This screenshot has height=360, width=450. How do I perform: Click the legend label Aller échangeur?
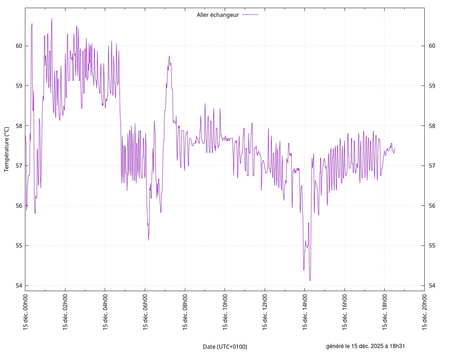218,15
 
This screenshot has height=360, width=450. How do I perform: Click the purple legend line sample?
250,15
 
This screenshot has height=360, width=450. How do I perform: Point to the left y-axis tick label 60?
19,46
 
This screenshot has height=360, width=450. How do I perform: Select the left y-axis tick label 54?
19,285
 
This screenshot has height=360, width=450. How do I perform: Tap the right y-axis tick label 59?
432,86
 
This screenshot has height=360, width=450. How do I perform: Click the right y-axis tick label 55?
432,245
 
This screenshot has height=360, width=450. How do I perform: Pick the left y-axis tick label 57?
19,166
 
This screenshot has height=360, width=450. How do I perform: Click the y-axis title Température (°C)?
7,149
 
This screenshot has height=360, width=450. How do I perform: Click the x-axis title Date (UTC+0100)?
225,347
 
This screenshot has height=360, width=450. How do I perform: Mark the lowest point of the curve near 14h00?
310,280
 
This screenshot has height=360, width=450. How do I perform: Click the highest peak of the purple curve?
52,19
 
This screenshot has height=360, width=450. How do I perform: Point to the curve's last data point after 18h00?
395,148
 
